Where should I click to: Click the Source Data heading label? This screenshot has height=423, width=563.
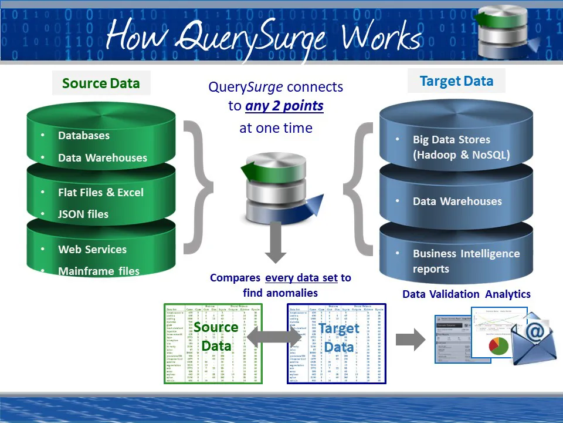point(101,83)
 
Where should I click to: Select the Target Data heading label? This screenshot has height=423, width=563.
point(456,81)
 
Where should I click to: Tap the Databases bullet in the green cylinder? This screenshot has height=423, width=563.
point(83,135)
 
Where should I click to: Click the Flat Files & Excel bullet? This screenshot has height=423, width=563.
point(100,192)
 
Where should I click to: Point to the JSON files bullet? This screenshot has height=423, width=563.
point(83,214)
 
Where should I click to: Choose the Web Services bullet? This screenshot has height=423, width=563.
point(92,249)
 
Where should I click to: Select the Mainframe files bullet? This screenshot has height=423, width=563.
point(99,271)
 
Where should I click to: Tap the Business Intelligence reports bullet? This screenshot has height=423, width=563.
point(466,261)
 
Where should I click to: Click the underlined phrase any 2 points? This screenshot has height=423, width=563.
point(284,106)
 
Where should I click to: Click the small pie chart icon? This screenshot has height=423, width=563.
point(498,345)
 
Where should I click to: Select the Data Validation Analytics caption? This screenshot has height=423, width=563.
point(466,294)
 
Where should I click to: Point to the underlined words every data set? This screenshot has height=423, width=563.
point(301,277)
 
